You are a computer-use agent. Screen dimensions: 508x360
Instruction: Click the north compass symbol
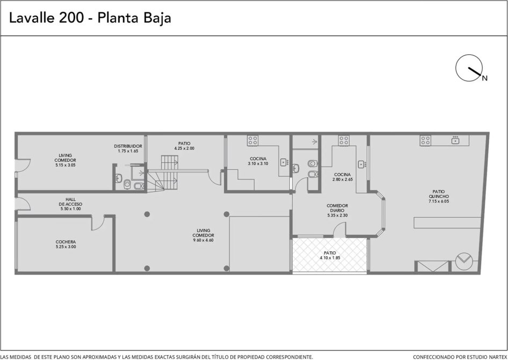(x=469, y=68)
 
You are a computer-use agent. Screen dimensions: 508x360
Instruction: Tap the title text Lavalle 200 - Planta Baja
(x=90, y=18)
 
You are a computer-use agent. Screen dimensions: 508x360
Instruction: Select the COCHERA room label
(x=66, y=242)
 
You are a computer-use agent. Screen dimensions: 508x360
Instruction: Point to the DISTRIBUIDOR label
(x=128, y=146)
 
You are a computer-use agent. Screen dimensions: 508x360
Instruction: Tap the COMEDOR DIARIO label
(x=337, y=208)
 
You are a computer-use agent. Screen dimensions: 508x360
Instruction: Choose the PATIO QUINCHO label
(x=439, y=194)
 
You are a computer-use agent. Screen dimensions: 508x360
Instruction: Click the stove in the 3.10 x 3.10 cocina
(x=253, y=140)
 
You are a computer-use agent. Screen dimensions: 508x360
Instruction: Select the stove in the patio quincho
(x=425, y=140)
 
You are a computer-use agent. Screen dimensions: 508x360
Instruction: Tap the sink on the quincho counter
(x=456, y=140)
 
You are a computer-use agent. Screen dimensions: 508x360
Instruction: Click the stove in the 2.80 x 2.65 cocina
(x=344, y=140)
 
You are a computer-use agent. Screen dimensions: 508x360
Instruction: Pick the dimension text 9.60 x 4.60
(x=203, y=240)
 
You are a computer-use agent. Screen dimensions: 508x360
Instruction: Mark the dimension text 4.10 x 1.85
(x=330, y=258)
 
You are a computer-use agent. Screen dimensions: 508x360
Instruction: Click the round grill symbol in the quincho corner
(x=464, y=260)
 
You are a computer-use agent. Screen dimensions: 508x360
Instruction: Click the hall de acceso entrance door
(x=23, y=204)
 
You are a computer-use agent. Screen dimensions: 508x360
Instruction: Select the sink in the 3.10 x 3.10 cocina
(x=285, y=162)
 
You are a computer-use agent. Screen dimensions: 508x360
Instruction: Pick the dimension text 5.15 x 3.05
(x=66, y=165)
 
